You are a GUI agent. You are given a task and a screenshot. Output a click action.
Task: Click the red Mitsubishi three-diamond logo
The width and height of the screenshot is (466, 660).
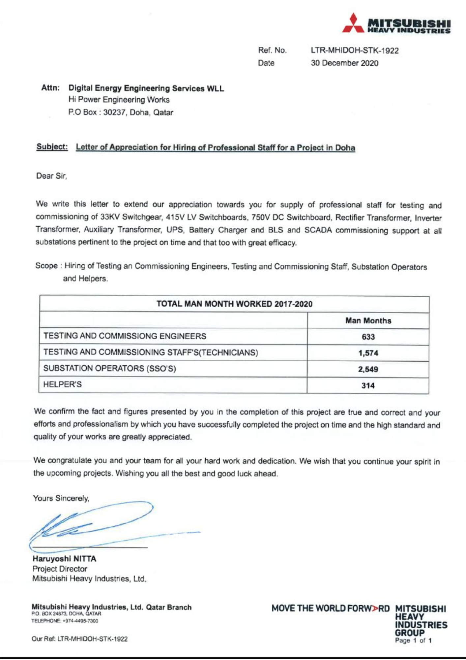(x=353, y=23)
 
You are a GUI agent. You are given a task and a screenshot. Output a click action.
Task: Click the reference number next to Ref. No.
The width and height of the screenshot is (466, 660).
(x=355, y=50)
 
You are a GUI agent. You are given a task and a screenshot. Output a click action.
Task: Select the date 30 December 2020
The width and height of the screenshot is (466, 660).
(x=344, y=63)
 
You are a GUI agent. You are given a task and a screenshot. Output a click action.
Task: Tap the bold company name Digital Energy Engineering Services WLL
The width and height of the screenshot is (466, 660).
(x=146, y=88)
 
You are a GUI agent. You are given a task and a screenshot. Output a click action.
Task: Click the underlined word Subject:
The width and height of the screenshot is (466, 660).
(x=52, y=147)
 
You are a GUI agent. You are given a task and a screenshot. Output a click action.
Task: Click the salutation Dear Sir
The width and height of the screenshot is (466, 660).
(x=51, y=176)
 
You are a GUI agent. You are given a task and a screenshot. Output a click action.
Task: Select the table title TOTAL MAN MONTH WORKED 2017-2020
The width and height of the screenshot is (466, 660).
(x=234, y=304)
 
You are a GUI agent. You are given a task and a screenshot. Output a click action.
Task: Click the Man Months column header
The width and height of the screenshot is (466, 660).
(x=368, y=320)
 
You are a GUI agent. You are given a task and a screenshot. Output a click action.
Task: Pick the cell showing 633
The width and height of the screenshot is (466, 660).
(x=368, y=337)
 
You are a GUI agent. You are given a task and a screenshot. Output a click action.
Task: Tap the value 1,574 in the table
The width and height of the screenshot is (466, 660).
(x=368, y=353)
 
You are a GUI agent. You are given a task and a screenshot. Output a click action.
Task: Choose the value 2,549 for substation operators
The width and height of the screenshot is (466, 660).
(x=368, y=369)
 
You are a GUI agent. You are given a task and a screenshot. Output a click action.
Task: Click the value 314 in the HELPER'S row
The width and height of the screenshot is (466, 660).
(x=368, y=385)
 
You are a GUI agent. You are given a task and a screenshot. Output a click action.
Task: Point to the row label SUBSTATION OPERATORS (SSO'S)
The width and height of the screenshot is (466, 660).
(x=110, y=368)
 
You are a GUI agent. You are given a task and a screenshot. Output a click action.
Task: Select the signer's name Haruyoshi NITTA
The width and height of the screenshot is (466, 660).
(x=64, y=559)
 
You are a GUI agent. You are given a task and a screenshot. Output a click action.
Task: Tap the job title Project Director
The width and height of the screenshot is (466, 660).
(x=60, y=569)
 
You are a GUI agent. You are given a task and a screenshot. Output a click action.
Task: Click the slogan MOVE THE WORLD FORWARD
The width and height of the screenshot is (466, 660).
(x=330, y=608)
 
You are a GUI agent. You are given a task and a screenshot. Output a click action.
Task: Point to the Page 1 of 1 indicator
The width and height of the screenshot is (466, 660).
(x=413, y=641)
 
